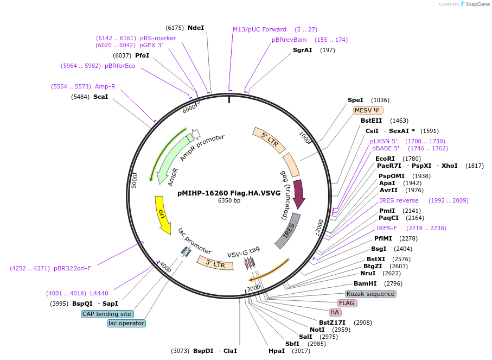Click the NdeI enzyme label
195,28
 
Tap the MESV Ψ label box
367,110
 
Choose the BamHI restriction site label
365,283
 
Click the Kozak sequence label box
370,294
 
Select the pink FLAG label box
347,303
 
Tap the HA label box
335,312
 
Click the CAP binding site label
107,314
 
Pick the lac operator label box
126,323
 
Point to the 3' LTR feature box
211,263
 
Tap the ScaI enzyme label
100,97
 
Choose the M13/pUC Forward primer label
259,29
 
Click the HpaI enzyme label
276,351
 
